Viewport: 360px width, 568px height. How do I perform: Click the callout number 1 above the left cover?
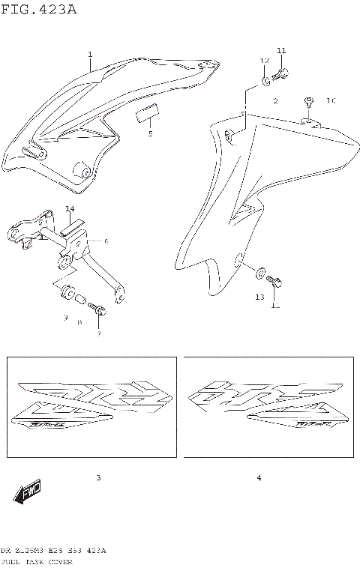point(90,54)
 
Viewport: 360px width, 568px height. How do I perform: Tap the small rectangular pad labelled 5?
point(147,115)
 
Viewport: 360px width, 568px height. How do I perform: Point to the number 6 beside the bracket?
point(106,241)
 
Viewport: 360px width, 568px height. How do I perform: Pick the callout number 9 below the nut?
point(65,318)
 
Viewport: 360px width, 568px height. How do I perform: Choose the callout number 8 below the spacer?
point(79,321)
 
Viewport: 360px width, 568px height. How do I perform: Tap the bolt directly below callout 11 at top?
point(283,73)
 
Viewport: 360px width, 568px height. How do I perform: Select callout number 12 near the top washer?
point(264,61)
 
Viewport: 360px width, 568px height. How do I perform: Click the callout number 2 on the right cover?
point(275,100)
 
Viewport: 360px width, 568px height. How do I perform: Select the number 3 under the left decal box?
point(97,477)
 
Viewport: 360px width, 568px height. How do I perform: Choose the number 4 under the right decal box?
point(258,477)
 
